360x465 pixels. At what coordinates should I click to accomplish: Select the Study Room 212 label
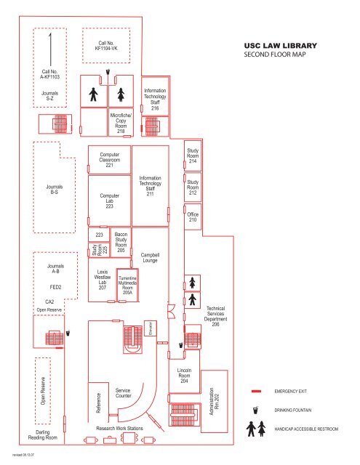pyautogui.click(x=193, y=188)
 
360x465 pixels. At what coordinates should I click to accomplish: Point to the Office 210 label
pyautogui.click(x=193, y=217)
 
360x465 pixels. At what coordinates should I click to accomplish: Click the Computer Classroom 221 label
pyautogui.click(x=109, y=160)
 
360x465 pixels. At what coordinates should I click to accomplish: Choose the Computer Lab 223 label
pyautogui.click(x=109, y=201)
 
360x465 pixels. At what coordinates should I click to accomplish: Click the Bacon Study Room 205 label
pyautogui.click(x=121, y=242)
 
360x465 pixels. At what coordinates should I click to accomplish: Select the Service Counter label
pyautogui.click(x=123, y=393)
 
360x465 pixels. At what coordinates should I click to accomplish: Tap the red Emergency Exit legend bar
pyautogui.click(x=257, y=390)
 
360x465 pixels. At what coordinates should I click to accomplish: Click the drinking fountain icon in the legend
pyautogui.click(x=257, y=410)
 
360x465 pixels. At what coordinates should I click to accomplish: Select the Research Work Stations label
pyautogui.click(x=119, y=429)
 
